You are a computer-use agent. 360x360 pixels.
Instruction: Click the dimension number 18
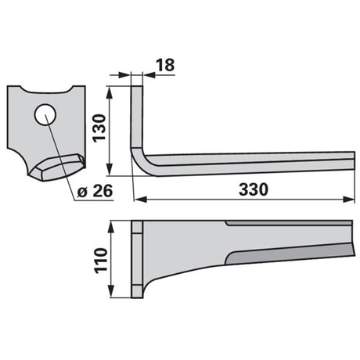[x=165, y=65]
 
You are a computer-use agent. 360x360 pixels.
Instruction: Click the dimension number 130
[x=99, y=128]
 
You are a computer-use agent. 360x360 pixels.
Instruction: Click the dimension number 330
[x=254, y=189]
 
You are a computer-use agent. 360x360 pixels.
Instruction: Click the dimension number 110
[x=101, y=261]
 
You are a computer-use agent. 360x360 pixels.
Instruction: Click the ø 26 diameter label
[x=95, y=191]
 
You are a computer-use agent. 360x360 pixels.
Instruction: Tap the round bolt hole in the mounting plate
[x=45, y=114]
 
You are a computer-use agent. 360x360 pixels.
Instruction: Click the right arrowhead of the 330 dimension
[x=349, y=200]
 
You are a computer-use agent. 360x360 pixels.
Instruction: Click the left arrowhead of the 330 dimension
[x=140, y=200]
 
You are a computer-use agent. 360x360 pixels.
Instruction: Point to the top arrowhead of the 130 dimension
[x=110, y=92]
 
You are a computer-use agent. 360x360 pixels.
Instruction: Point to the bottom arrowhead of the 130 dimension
[x=110, y=169]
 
